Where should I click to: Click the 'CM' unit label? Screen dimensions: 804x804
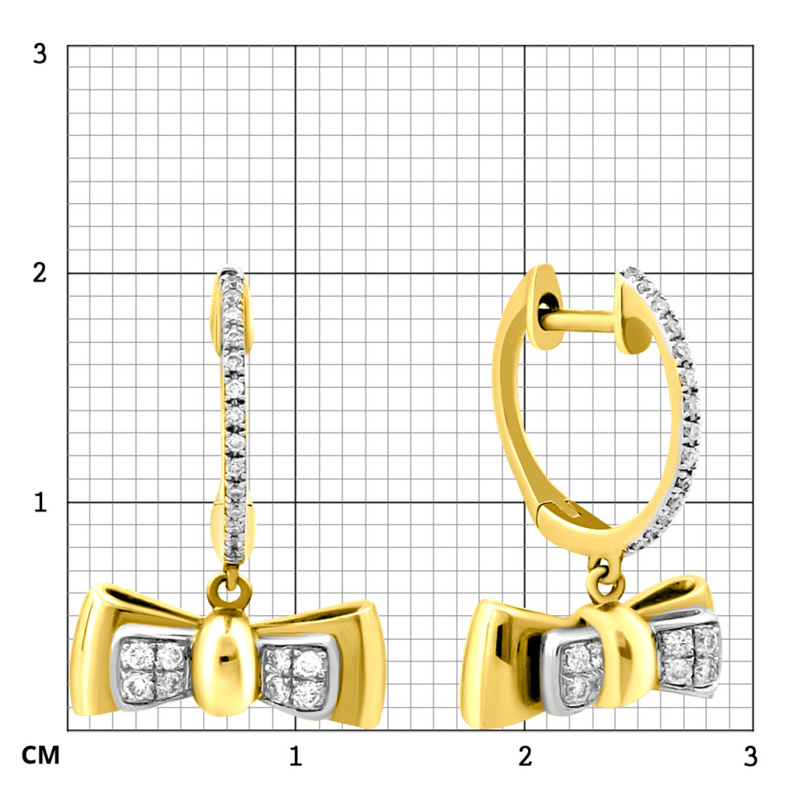(41, 755)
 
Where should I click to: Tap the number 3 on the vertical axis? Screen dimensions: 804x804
(40, 54)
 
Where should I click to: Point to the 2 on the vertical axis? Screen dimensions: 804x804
(40, 273)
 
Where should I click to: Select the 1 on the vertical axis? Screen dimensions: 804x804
(41, 502)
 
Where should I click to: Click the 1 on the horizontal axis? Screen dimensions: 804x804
(295, 756)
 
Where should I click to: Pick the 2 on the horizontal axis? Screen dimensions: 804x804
(525, 756)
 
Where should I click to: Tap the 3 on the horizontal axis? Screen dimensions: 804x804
(751, 756)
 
